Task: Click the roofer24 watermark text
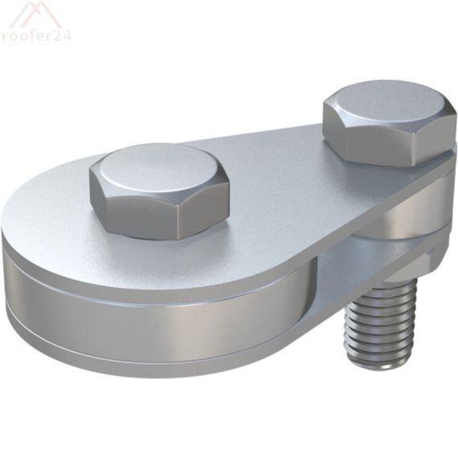[35, 36]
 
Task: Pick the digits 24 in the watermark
[63, 36]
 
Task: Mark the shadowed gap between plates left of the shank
[337, 273]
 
